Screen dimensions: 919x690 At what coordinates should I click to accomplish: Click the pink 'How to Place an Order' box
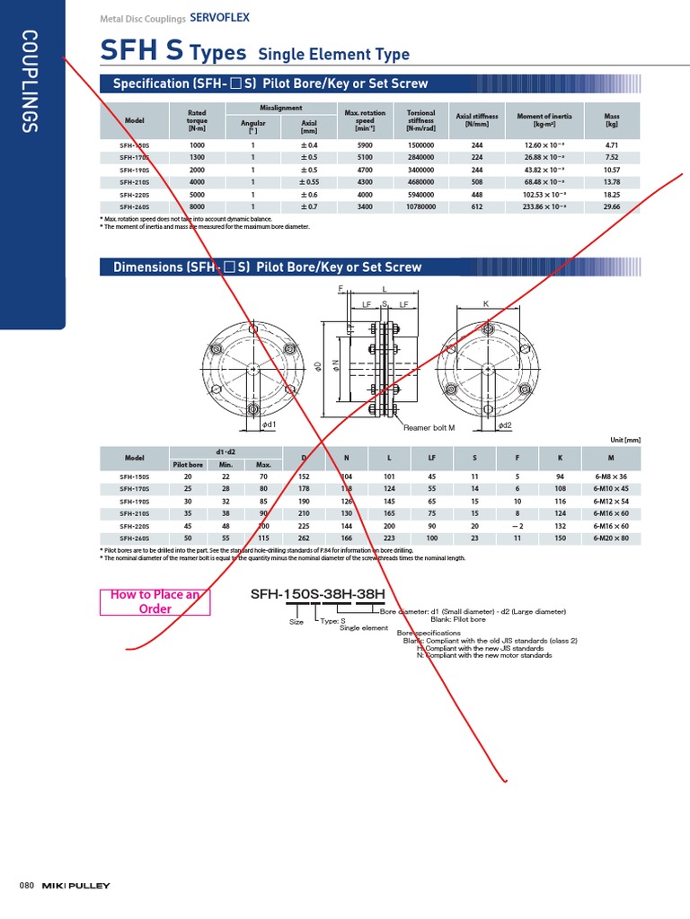[155, 601]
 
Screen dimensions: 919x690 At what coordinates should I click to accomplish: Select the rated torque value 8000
[197, 206]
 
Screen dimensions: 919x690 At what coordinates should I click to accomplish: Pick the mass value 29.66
[613, 206]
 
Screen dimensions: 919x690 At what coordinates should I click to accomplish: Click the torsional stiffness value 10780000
[420, 206]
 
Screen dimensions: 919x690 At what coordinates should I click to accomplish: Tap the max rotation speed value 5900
[365, 144]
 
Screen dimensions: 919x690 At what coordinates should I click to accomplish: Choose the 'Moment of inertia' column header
[544, 120]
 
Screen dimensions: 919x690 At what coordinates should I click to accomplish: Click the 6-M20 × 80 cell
[611, 538]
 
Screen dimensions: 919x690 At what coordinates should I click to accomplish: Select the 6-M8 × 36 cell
[611, 477]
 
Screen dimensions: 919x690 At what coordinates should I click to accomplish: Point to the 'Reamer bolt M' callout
[429, 428]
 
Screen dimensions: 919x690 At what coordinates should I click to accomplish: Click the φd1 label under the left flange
[269, 424]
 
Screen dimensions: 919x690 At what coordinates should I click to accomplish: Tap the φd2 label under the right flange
[505, 424]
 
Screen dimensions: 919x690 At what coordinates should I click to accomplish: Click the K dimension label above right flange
[486, 304]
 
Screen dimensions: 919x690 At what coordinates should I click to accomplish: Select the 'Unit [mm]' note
[625, 439]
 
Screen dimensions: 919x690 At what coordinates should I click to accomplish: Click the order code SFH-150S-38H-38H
[317, 594]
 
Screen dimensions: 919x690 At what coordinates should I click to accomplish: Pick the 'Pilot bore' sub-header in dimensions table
[188, 465]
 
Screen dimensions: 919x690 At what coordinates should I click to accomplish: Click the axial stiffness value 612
[477, 206]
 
